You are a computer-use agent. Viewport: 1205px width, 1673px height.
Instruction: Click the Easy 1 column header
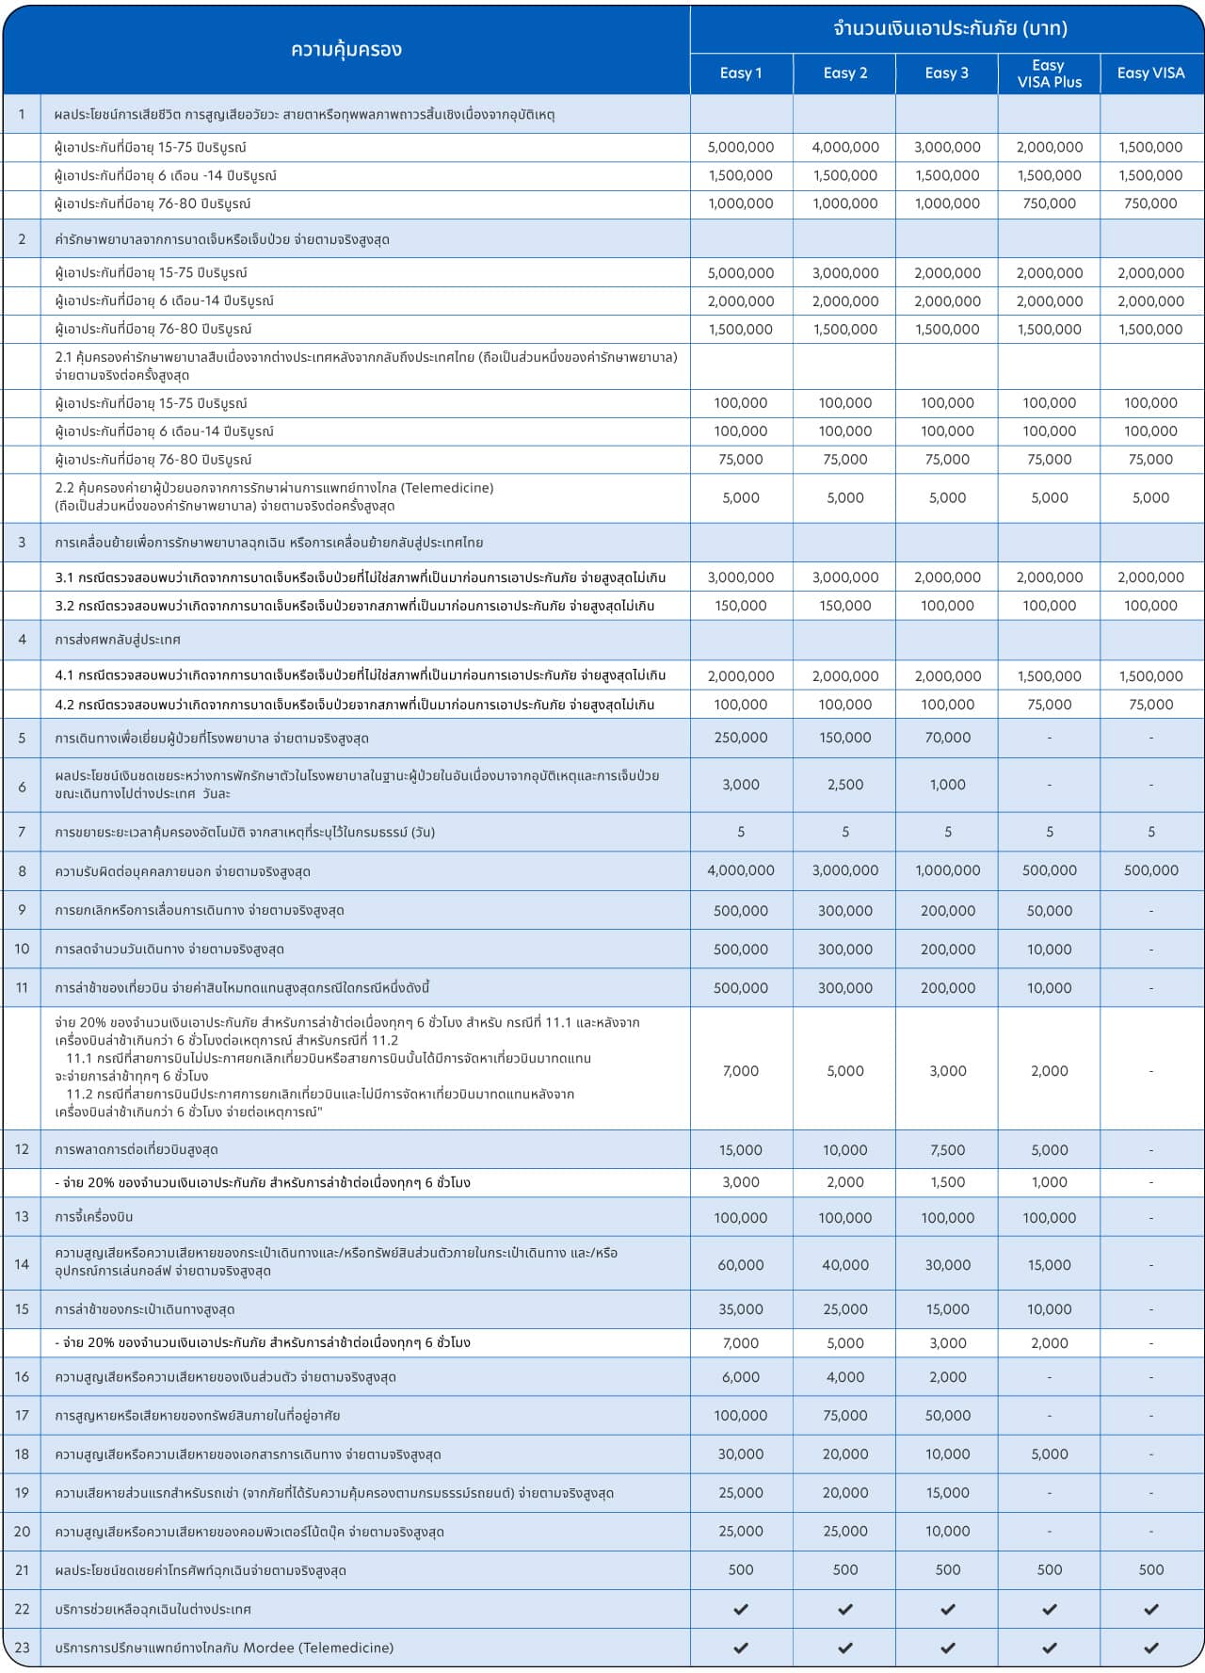741,73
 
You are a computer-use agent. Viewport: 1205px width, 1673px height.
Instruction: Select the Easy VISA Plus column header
1049,73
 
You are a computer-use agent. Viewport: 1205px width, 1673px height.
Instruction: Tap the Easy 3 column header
946,73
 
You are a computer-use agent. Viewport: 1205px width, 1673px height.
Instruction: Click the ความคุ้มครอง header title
346,50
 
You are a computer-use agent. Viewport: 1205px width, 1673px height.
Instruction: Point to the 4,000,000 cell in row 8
741,870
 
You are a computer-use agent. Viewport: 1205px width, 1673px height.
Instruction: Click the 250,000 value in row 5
741,738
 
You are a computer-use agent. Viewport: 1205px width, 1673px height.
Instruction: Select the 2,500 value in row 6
844,785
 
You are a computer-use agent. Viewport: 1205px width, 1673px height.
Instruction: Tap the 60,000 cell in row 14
741,1264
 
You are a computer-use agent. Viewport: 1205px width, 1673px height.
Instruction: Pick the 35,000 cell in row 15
741,1308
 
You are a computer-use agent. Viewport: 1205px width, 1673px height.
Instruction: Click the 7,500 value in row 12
947,1149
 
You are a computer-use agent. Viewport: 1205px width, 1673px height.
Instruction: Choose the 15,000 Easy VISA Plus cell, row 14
1049,1264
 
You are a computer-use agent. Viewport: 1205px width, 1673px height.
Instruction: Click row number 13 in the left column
22,1217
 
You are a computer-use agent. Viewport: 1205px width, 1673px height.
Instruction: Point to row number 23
22,1648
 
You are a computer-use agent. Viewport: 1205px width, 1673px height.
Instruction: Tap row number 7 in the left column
22,832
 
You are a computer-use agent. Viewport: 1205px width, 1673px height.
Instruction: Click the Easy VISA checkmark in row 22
1150,1609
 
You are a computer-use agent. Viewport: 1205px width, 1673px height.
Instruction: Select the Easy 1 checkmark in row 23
741,1648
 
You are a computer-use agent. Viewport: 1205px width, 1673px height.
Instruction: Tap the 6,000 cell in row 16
741,1376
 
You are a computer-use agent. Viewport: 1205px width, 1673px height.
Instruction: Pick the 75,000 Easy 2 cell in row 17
844,1415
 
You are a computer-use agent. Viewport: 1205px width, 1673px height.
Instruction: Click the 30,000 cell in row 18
741,1454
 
